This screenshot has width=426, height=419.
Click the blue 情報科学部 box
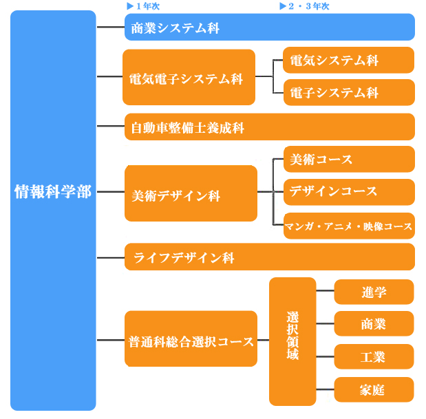coord(53,211)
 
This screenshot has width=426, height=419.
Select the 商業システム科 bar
coord(270,27)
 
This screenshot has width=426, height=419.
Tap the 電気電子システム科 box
coord(189,77)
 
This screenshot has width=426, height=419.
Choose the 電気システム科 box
coord(348,60)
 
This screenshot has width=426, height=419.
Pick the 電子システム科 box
coord(349,92)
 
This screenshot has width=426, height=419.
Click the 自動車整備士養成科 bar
coord(270,127)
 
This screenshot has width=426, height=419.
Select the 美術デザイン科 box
coord(191,193)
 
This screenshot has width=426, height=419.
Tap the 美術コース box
coord(349,159)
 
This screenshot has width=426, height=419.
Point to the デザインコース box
coord(349,192)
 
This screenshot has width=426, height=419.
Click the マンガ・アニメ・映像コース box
coord(349,226)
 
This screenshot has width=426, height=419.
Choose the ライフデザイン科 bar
coord(270,257)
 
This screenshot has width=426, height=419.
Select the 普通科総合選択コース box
coord(191,339)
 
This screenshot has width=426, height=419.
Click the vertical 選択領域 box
coord(292,342)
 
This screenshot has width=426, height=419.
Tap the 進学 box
coord(374,292)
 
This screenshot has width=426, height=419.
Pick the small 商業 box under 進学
coord(374,323)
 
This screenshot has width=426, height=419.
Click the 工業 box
coord(374,356)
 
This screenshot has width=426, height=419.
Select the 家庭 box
coord(374,389)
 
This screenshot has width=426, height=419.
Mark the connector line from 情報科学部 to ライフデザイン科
coord(111,257)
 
